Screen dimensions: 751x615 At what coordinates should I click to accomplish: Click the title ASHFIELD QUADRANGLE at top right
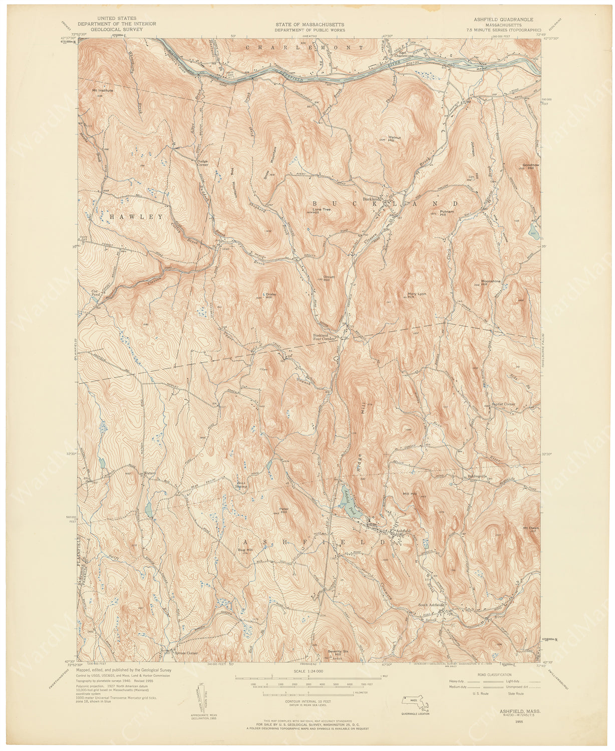coord(507,20)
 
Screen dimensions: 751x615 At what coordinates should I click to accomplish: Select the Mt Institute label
coord(103,91)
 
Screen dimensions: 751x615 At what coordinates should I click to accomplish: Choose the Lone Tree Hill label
coord(322,211)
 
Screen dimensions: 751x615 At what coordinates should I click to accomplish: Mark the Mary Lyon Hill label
coord(416,295)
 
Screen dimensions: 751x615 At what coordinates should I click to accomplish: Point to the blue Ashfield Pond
coord(349,501)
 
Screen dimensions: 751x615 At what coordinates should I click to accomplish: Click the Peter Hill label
coord(284,511)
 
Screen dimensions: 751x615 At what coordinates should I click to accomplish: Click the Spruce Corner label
coord(185,653)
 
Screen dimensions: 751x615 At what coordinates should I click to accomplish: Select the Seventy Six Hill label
coord(338,652)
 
